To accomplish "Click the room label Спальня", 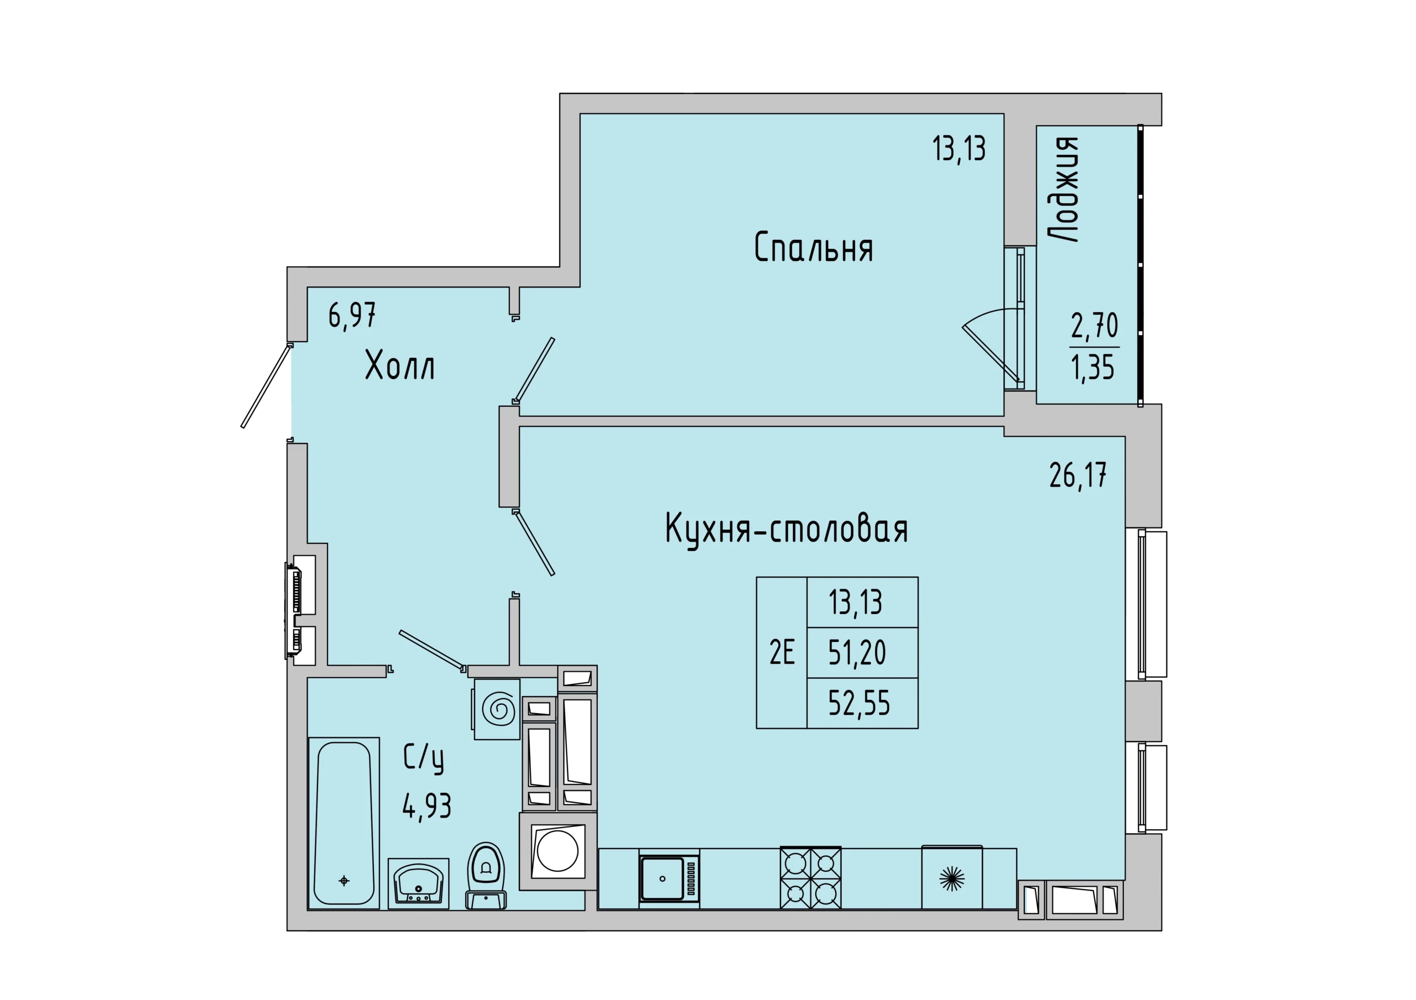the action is pos(814,247).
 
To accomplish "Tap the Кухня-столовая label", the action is pos(787,530).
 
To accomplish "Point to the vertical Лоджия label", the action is pos(1064,189).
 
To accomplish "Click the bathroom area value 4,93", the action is pos(427,807).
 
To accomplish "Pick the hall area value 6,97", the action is pos(352,316).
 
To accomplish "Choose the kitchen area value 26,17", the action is pos(1078,475).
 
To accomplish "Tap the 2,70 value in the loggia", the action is pos(1095,326).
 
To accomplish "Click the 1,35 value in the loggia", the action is pos(1093,368).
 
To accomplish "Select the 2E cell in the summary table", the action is pos(782,652).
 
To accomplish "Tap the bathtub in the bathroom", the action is pos(343,823).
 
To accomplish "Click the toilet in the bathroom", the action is pos(486,876).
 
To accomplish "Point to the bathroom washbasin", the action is pos(419,883).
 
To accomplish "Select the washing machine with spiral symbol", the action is pos(497,710).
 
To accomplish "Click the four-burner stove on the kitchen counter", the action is pos(810,878).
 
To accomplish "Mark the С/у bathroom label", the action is pos(424,758).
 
